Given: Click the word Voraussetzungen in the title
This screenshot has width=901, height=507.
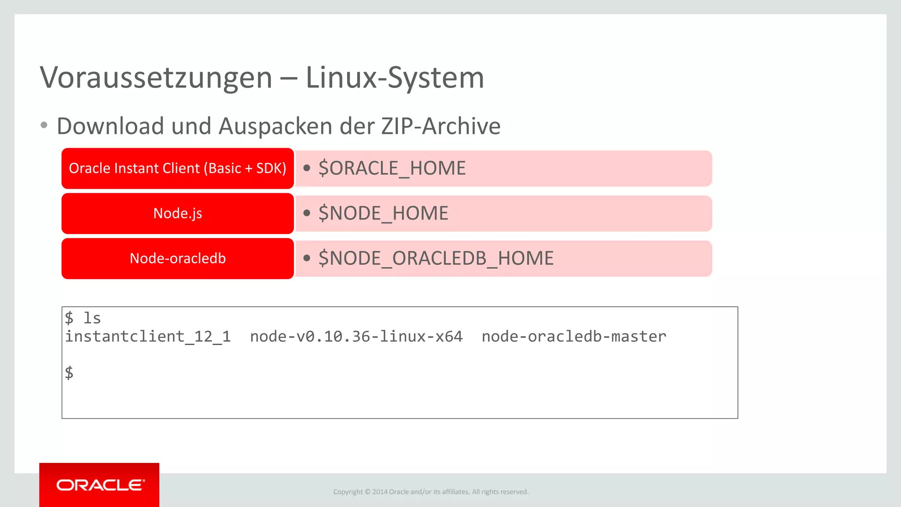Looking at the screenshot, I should (156, 78).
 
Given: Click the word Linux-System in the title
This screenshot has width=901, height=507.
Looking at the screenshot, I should (395, 78).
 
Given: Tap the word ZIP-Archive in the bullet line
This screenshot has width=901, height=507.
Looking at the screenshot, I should (441, 126).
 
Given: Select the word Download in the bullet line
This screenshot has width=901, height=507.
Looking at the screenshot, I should (110, 126).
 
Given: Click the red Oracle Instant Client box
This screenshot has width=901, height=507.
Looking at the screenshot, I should (178, 169).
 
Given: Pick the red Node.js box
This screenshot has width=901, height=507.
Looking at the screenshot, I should (178, 213).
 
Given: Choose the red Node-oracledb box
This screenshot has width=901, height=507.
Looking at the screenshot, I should (178, 258).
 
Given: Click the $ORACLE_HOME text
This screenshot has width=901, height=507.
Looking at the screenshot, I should (392, 169).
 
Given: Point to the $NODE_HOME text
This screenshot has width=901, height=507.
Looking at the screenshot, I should (383, 213).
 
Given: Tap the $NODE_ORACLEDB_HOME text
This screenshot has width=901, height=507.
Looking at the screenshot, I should (436, 258).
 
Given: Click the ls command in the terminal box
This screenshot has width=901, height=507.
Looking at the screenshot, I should (92, 318).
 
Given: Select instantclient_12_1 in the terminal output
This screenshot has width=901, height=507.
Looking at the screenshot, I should (148, 337).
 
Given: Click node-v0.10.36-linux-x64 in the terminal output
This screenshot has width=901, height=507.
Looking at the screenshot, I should (356, 337).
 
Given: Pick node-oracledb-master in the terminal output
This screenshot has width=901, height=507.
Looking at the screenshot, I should (574, 337).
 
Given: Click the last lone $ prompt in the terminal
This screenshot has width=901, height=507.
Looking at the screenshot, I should (69, 373).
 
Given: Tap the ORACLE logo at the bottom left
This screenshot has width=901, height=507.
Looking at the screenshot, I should (100, 485).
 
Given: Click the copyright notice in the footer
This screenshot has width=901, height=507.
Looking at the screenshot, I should (431, 492).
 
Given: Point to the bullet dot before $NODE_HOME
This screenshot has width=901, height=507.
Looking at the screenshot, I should (307, 213).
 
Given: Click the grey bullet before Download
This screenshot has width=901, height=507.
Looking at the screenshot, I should (44, 125).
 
